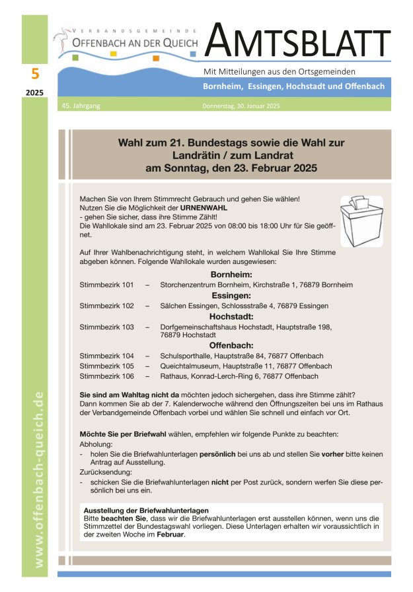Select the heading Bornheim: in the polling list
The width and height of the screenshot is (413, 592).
click(231, 274)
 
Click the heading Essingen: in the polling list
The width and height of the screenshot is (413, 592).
click(231, 295)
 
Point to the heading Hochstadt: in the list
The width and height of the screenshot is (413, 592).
click(231, 316)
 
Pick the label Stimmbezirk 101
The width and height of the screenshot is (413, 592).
click(106, 284)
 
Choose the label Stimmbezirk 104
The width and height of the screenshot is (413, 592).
click(106, 356)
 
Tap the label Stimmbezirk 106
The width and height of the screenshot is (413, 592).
click(106, 376)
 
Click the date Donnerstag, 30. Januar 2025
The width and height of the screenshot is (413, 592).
click(242, 106)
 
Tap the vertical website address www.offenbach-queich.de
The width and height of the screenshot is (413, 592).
click(39, 478)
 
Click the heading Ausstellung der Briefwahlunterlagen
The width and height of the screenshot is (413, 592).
click(146, 510)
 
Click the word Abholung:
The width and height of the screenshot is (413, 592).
click(96, 445)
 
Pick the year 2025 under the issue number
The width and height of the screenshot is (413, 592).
click(35, 93)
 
